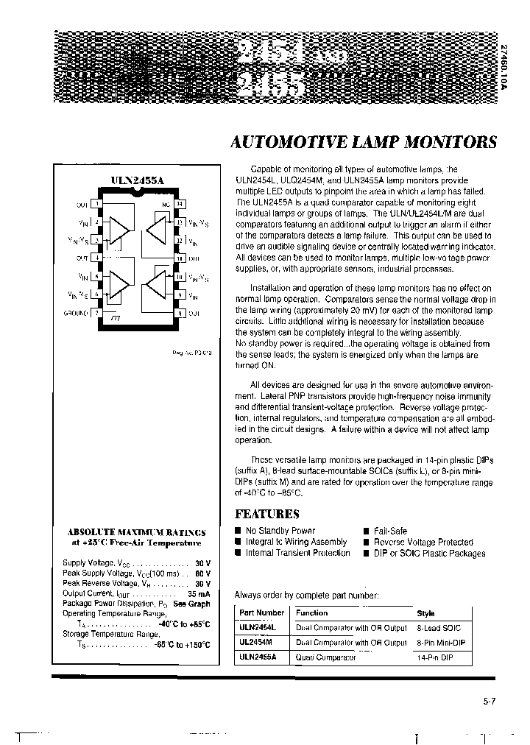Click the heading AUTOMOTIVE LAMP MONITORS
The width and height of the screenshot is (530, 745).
tap(364, 142)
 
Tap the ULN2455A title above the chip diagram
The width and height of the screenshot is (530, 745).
tap(138, 179)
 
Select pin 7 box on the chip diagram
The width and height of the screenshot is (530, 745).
tap(96, 313)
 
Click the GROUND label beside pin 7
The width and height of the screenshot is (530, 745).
tap(76, 313)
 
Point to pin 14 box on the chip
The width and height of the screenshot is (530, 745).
tap(179, 204)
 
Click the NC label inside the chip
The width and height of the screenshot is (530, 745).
tap(166, 204)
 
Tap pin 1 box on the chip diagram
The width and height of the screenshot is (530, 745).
tap(96, 204)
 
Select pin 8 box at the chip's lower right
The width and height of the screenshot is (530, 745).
tap(179, 313)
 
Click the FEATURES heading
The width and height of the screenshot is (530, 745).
tap(266, 515)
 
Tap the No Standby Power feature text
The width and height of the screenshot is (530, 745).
tap(280, 530)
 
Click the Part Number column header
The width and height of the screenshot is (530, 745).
tap(261, 612)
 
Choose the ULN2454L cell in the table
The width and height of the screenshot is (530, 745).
tap(257, 628)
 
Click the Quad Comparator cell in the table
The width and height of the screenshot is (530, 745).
tap(325, 657)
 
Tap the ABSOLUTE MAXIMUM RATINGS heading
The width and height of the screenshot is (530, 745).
tap(137, 532)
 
